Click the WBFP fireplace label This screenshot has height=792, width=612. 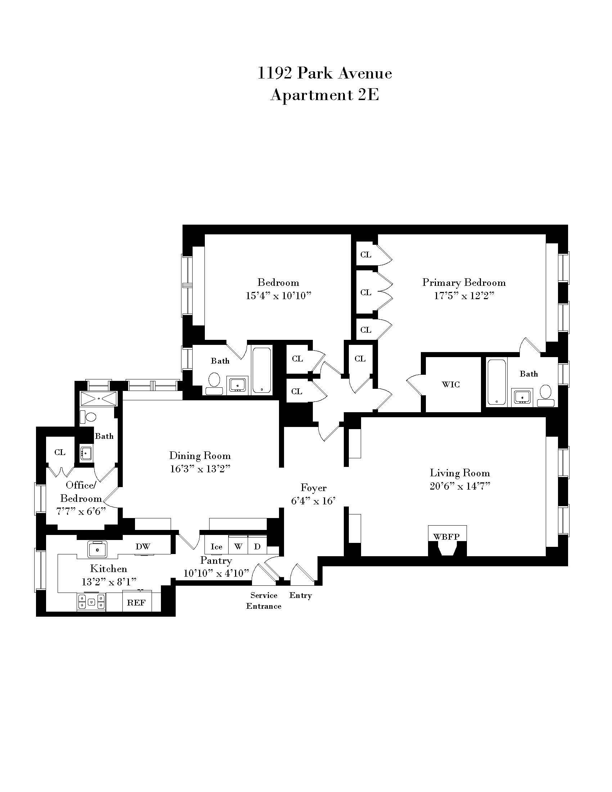click(x=446, y=537)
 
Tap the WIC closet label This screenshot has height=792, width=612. click(x=451, y=384)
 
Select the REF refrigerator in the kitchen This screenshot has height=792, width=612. click(x=136, y=603)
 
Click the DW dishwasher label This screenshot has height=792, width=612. click(x=143, y=546)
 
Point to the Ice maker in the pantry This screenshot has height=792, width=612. click(x=216, y=547)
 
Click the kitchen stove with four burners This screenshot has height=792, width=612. click(x=91, y=602)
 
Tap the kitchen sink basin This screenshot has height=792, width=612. click(x=98, y=549)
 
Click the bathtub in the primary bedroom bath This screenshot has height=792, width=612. click(x=496, y=382)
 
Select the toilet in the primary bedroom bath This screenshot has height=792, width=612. click(x=546, y=396)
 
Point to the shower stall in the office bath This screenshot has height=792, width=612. click(x=99, y=398)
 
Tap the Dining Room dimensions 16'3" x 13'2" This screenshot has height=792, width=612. click(x=200, y=469)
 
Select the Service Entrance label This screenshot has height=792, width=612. click(x=264, y=601)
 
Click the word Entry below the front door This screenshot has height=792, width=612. click(x=301, y=595)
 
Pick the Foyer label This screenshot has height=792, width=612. click(x=313, y=488)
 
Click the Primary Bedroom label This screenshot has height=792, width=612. click(x=464, y=283)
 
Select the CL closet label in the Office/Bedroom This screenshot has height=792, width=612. click(x=60, y=452)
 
